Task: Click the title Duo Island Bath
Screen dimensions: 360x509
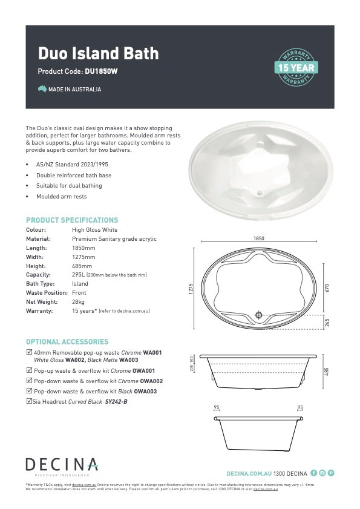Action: coord(98,53)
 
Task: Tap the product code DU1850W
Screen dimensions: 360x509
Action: coord(101,71)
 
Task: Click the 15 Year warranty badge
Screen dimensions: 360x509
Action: coord(296,67)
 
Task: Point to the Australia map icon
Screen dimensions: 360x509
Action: coord(42,89)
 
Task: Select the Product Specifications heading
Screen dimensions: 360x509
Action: coord(72,220)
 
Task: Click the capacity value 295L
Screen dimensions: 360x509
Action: coord(78,275)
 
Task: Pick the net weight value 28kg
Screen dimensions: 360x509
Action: coord(79,301)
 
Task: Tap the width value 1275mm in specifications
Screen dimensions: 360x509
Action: coord(83,257)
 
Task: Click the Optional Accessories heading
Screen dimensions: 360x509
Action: coord(67,342)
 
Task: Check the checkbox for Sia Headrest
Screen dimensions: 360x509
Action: coord(29,401)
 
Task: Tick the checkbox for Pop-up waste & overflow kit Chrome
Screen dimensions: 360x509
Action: coord(29,370)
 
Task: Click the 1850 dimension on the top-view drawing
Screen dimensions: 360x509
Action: coord(259,239)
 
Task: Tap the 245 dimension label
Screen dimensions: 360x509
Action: coord(327,323)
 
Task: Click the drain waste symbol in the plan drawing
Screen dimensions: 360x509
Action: coord(259,315)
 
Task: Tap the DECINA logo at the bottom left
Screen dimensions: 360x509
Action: coord(61,465)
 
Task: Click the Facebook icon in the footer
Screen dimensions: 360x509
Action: coord(313,473)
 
